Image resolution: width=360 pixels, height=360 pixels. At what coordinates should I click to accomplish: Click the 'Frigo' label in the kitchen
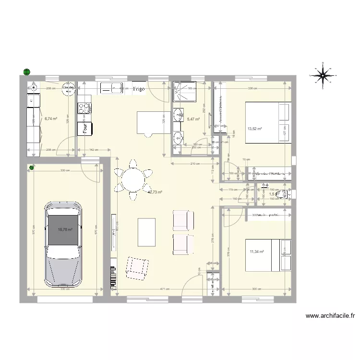click(x=139, y=89)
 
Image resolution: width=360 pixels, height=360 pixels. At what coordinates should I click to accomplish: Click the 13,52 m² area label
click(x=254, y=129)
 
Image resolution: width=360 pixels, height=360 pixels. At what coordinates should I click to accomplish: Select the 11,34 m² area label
click(x=257, y=250)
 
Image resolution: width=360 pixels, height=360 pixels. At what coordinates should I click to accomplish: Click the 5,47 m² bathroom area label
click(x=193, y=119)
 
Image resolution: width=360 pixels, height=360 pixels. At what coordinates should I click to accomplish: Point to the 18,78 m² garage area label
click(x=65, y=229)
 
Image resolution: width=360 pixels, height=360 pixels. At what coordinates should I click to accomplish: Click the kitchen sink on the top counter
click(x=111, y=88)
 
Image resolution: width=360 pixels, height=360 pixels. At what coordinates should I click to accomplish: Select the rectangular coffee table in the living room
click(x=147, y=232)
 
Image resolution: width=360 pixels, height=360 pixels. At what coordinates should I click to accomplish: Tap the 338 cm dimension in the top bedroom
click(x=252, y=88)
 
